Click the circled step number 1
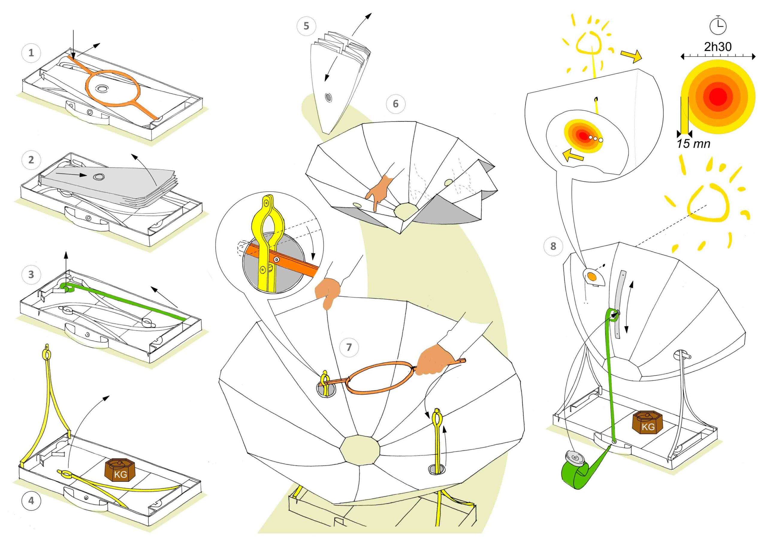pyautogui.click(x=31, y=53)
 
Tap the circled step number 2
pyautogui.click(x=31, y=160)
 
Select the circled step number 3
pyautogui.click(x=31, y=275)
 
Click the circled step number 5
pyautogui.click(x=306, y=26)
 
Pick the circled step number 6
pyautogui.click(x=395, y=104)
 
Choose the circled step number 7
pyautogui.click(x=349, y=347)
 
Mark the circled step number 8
pyautogui.click(x=553, y=246)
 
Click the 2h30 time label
pyautogui.click(x=718, y=47)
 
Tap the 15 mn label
pyautogui.click(x=694, y=144)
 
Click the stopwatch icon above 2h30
pyautogui.click(x=718, y=25)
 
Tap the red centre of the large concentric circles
pyautogui.click(x=718, y=97)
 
